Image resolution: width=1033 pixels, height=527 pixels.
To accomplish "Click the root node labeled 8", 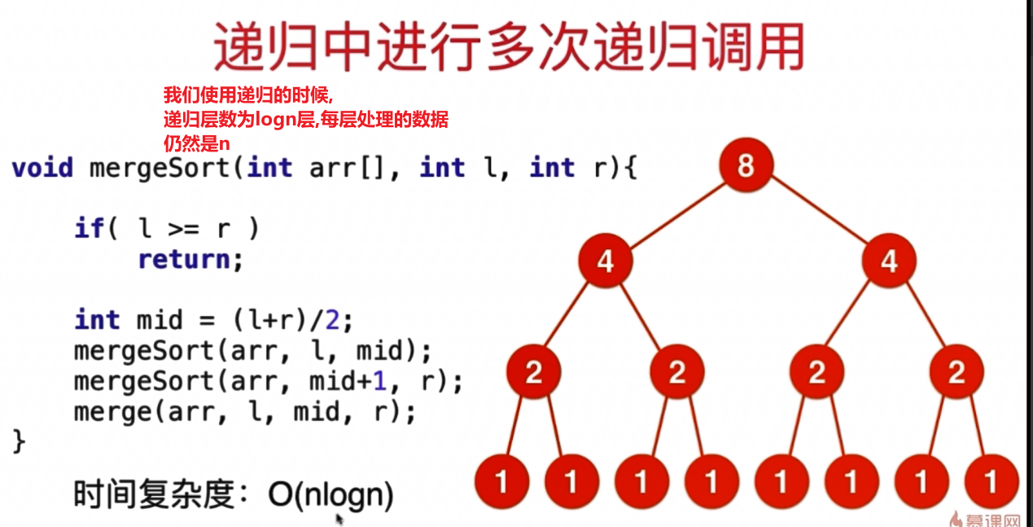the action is (745, 166).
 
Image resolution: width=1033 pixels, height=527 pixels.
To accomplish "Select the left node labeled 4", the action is (605, 261).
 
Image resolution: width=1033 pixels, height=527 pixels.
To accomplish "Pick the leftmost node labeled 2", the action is (533, 372).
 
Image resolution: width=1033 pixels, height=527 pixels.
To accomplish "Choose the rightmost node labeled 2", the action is (956, 372).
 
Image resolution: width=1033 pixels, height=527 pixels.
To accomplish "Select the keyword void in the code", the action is (42, 169).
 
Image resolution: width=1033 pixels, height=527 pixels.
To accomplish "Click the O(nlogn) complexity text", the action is (330, 494).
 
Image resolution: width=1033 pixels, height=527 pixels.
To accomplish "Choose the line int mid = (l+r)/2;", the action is (214, 319).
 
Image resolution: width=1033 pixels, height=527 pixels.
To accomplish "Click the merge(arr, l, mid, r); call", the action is (244, 411).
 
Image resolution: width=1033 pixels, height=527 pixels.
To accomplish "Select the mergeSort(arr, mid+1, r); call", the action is (268, 380).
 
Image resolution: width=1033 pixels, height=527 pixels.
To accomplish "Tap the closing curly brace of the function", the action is (19, 441).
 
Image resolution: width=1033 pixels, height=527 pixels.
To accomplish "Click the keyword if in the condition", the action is (88, 229).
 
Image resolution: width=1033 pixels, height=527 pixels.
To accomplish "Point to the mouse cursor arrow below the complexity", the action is (339, 518).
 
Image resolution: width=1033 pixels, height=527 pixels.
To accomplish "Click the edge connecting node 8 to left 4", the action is (675, 213).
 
